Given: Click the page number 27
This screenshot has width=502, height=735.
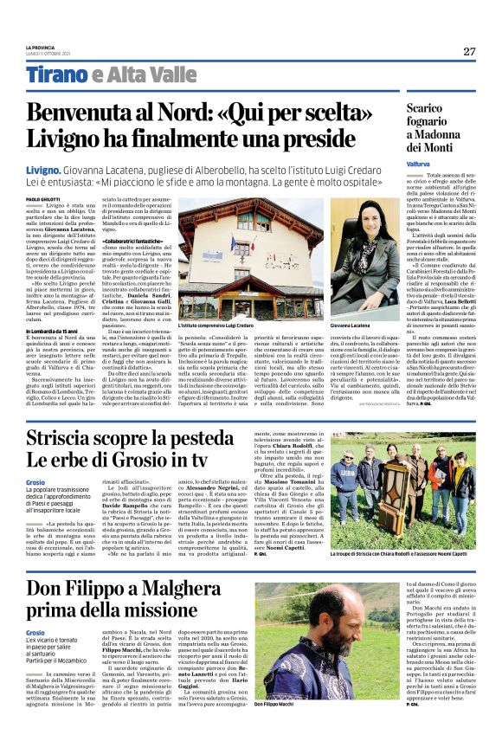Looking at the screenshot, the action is [x=468, y=51].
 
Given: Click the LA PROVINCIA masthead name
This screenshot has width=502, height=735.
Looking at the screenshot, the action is [x=39, y=47].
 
